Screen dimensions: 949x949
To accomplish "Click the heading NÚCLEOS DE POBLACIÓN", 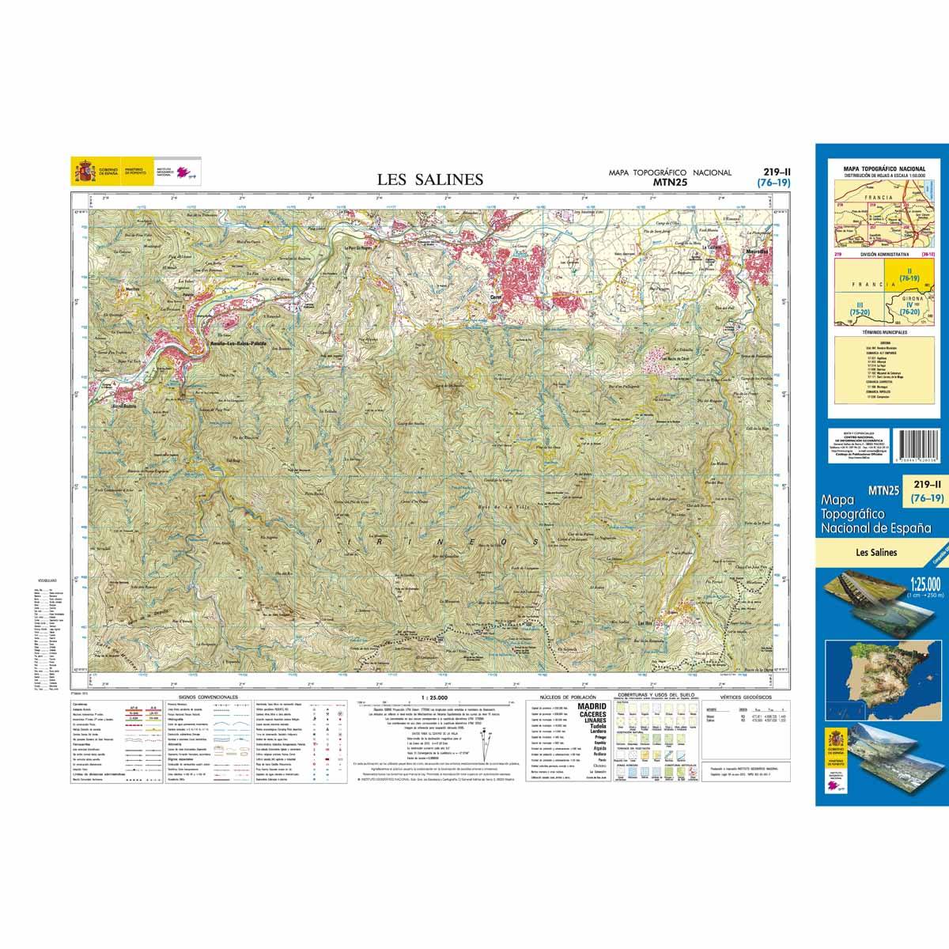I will (561, 697).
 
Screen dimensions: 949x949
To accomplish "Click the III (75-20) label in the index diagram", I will (854, 308).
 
